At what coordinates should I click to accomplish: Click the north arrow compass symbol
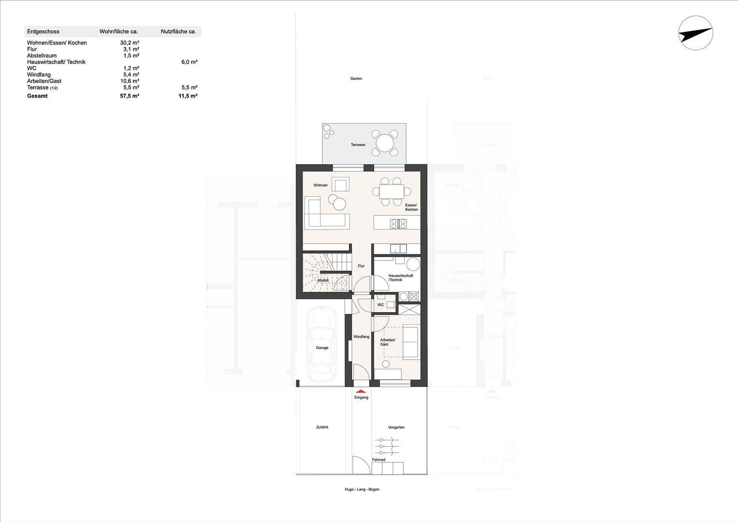pos(695,33)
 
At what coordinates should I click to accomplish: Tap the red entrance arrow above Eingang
pos(359,391)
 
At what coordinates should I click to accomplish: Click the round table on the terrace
pos(385,143)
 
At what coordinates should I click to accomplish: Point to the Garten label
pos(356,78)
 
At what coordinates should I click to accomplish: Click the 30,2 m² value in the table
pos(130,43)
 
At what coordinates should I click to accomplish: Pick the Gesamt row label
pos(37,96)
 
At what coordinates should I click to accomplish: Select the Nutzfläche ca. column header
pos(178,31)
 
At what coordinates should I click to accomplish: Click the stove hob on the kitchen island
pos(399,223)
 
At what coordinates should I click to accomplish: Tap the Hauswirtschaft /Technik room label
pos(401,278)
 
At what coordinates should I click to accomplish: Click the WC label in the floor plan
pos(380,305)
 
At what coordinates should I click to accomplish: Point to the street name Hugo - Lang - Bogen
pos(362,489)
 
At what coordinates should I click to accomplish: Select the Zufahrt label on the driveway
pos(322,427)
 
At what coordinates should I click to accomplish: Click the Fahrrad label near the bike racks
pos(378,460)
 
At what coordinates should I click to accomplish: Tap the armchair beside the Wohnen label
pos(341,185)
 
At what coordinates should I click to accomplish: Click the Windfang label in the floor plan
pos(361,336)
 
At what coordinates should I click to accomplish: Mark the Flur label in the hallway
pos(361,266)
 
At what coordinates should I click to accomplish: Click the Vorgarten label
pos(396,427)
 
